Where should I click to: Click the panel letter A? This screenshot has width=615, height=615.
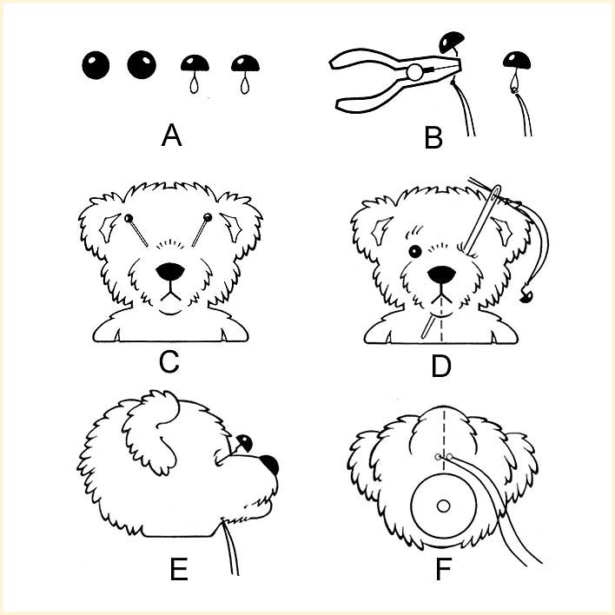(x=172, y=136)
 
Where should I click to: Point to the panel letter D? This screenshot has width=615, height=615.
(x=442, y=366)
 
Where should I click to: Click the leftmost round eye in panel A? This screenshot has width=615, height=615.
(x=96, y=64)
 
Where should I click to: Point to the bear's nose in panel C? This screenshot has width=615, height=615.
(x=169, y=270)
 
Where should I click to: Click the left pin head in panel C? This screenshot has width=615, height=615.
(x=129, y=217)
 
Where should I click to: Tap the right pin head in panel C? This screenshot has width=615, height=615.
(x=208, y=216)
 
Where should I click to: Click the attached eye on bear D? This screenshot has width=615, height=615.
(x=415, y=252)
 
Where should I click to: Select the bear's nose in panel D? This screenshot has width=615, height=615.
(x=443, y=274)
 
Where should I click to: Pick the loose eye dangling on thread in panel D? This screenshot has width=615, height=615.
(x=523, y=297)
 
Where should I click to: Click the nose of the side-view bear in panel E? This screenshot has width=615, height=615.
(x=269, y=465)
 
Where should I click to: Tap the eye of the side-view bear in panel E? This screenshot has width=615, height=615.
(x=243, y=442)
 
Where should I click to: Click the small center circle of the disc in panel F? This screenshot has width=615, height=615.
(x=443, y=505)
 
